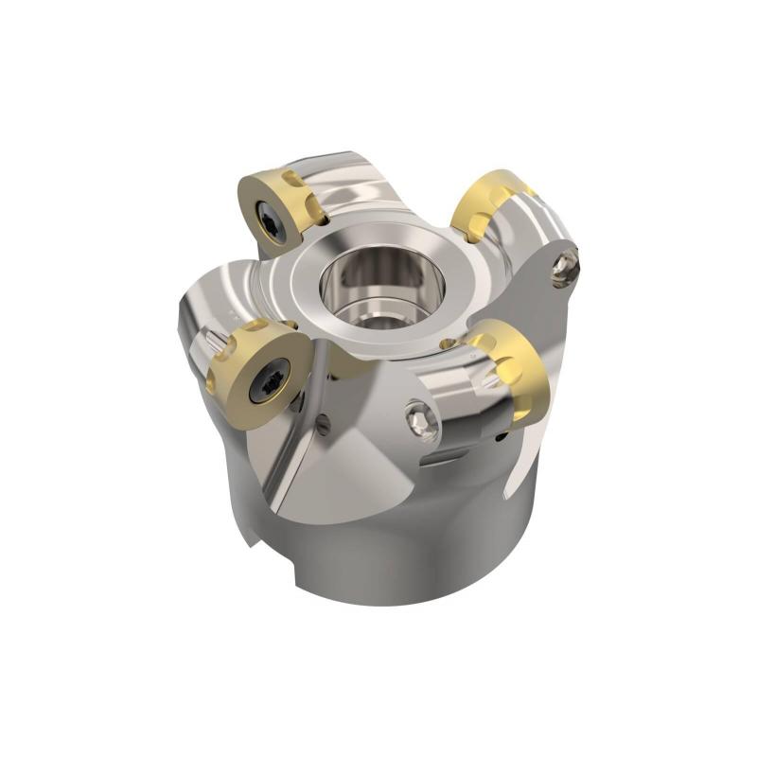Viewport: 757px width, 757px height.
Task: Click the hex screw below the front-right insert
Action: tap(421, 419)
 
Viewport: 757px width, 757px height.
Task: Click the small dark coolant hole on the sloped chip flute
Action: tap(323, 425)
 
